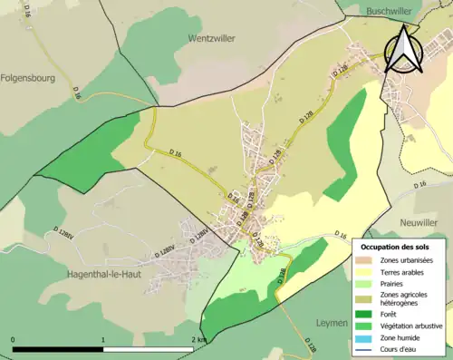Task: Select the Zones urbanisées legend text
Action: click(406, 260)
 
